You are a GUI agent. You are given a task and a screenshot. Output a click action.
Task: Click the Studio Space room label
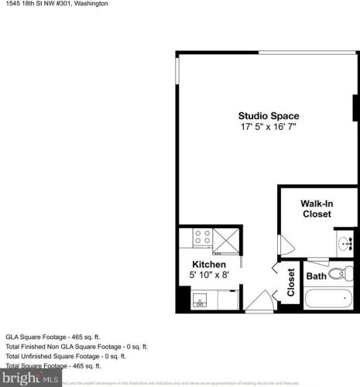[268, 116]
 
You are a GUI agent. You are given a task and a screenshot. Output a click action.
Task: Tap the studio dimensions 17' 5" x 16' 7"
[268, 126]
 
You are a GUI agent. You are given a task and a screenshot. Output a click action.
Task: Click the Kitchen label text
[209, 265]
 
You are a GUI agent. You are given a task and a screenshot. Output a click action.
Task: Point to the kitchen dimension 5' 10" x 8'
[209, 275]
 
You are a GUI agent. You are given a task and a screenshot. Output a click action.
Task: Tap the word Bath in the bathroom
[316, 276]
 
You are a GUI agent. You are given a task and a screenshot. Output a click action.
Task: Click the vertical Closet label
[291, 283]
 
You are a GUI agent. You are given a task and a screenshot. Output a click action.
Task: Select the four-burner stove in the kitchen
[203, 238]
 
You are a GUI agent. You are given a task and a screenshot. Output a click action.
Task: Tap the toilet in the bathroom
[338, 273]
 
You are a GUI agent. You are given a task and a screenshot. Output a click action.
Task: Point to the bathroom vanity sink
[345, 242]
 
